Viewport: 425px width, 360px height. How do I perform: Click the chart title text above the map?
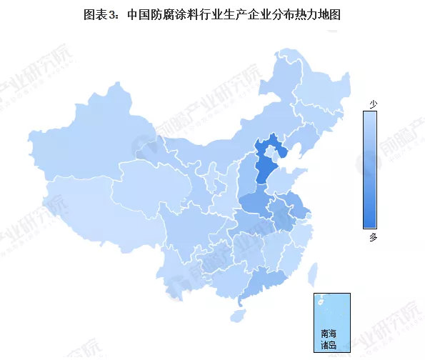[x=211, y=14]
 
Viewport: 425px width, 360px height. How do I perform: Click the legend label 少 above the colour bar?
[x=372, y=104]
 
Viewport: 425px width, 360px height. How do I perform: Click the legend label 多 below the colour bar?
[x=372, y=238]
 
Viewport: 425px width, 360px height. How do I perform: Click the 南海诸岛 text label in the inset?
[x=331, y=339]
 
